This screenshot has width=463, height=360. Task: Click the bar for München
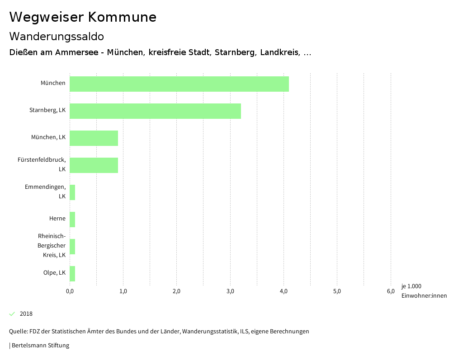pos(179,84)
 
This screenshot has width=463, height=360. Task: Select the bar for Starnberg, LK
pos(155,111)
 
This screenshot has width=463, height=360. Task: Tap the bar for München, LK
pos(94,138)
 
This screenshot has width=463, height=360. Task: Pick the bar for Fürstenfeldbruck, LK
pos(94,165)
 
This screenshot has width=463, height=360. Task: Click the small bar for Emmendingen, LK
pos(72,192)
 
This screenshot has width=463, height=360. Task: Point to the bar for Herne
pos(72,220)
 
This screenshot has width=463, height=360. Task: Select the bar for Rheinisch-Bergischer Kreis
pos(72,247)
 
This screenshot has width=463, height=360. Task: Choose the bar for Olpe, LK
pos(72,274)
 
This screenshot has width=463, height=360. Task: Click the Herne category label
pos(57,219)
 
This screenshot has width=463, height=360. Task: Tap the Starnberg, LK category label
pos(47,110)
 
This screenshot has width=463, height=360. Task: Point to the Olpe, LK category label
pos(53,273)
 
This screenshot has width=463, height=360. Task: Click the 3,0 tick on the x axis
pos(230,291)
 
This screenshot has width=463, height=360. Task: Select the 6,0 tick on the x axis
pos(391,291)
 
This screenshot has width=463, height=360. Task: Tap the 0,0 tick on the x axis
pos(70,291)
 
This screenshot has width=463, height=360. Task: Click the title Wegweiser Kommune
pos(83,17)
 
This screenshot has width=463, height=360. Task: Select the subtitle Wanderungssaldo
pos(57,36)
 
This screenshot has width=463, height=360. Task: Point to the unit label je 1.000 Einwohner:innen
pos(424,291)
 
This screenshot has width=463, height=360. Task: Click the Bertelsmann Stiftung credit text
pos(40,346)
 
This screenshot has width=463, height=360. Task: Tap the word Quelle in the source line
pos(18,332)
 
